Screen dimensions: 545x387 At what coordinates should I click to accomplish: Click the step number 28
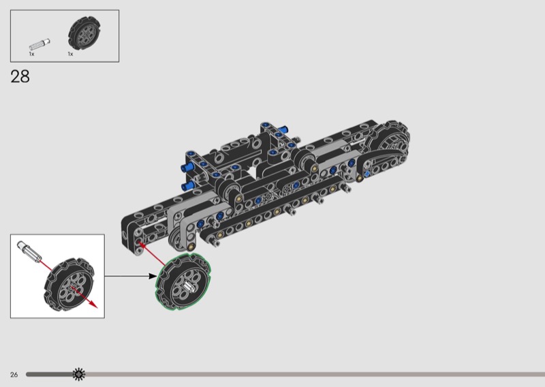tap(20, 76)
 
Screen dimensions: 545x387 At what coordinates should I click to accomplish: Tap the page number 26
tap(14, 375)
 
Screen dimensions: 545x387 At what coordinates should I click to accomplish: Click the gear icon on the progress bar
tap(79, 374)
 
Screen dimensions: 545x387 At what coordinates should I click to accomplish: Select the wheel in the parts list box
tap(84, 34)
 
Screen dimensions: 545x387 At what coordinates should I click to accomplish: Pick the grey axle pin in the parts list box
tap(40, 44)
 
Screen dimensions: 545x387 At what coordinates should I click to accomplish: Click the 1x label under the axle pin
tap(31, 55)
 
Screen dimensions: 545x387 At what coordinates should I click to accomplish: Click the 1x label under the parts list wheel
tap(71, 55)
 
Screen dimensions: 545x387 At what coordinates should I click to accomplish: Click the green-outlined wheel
tap(183, 281)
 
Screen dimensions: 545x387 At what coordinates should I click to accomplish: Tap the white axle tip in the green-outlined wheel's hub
tap(189, 285)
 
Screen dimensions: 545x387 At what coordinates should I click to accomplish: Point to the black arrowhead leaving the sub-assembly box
tap(153, 276)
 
